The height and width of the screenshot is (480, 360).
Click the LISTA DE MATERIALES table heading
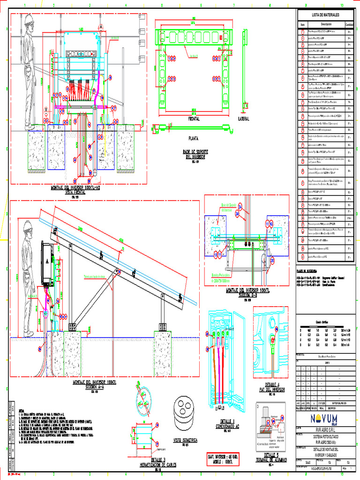(321, 15)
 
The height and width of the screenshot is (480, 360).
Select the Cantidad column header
(349, 24)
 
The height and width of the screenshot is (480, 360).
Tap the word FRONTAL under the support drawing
(194, 119)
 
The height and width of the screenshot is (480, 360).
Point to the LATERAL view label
(244, 119)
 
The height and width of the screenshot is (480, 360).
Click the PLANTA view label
(193, 138)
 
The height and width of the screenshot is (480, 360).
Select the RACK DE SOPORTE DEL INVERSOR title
(195, 153)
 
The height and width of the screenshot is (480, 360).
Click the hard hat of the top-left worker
(29, 18)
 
